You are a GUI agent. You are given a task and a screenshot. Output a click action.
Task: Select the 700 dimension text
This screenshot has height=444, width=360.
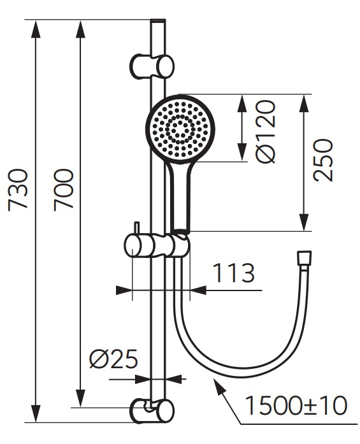coord(64,189)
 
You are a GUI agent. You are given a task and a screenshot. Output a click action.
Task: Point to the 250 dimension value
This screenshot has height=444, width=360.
coord(324,160)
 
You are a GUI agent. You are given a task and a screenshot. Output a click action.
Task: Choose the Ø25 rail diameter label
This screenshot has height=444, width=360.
coord(113,360)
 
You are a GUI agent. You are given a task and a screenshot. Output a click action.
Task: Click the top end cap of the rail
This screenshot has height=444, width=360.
coord(157,23)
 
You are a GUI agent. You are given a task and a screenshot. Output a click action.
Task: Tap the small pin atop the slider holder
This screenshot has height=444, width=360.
coord(136,228)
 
